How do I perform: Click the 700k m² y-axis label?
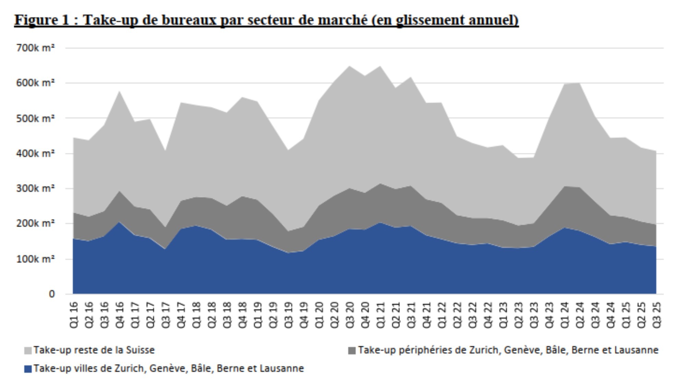point(35,48)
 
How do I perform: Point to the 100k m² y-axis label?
point(35,259)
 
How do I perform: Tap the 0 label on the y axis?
point(51,294)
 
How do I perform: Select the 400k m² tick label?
point(35,153)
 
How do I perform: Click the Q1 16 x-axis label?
point(74,315)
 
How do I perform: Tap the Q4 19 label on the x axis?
point(304,315)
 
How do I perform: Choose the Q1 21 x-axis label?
point(380,315)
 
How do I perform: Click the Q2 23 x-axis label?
point(519,315)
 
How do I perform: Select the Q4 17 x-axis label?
point(181,315)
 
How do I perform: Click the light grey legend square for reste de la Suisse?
point(28,351)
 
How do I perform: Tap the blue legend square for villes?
point(28,369)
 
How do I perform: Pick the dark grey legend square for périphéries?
point(352,351)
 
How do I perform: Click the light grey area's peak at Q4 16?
point(120,91)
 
